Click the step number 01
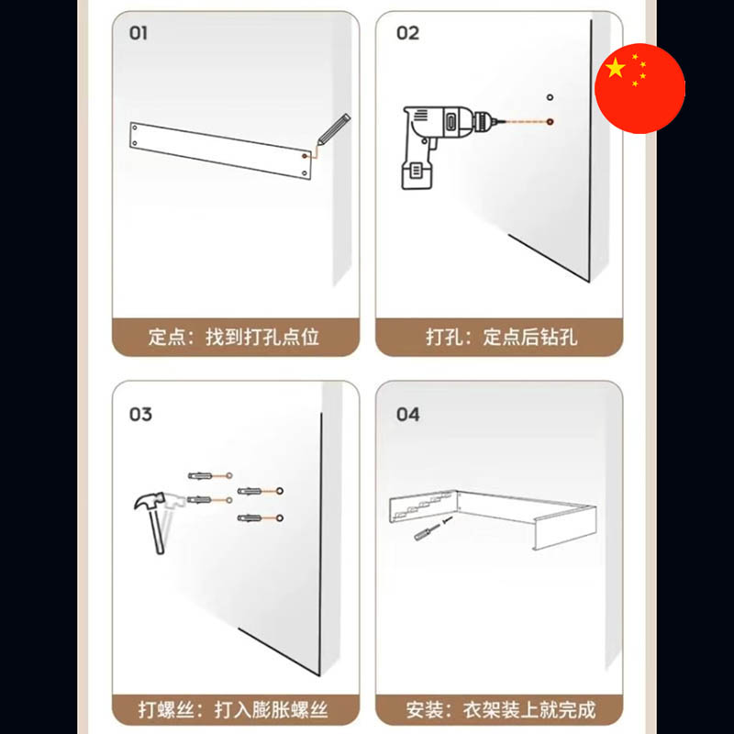139,33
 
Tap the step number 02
407,33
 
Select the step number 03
140,415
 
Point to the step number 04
408,415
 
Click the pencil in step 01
333,129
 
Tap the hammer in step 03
154,519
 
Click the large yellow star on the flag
615,68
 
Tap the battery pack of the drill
417,174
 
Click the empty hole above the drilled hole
550,97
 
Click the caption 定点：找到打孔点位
234,337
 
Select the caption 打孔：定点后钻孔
501,337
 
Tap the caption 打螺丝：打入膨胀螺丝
233,709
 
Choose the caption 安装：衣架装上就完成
500,709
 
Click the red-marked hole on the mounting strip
305,156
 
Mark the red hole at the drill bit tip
550,122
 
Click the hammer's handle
156,530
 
